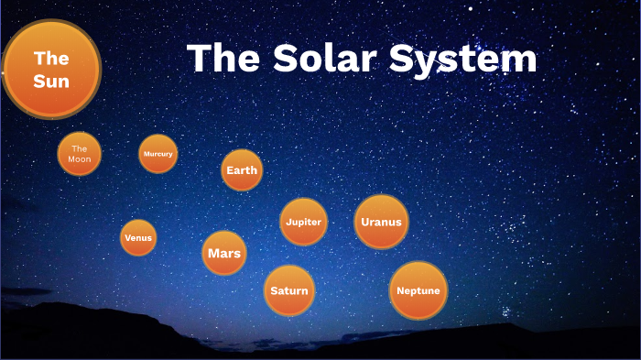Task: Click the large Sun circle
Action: point(51,70)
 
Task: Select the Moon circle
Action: point(80,154)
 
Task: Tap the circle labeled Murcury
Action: point(158,154)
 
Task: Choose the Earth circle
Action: point(242,170)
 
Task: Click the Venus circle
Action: point(138,238)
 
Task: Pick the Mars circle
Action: point(224,253)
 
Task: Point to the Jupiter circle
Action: point(303,222)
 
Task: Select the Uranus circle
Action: point(381,222)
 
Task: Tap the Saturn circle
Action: point(289,291)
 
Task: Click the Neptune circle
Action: point(418,291)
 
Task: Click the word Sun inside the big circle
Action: point(51,82)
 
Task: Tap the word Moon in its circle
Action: point(80,159)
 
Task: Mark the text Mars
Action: point(224,253)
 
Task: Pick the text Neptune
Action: point(418,291)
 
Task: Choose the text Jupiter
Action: point(303,222)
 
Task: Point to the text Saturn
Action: point(289,291)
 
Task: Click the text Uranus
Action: point(381,222)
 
